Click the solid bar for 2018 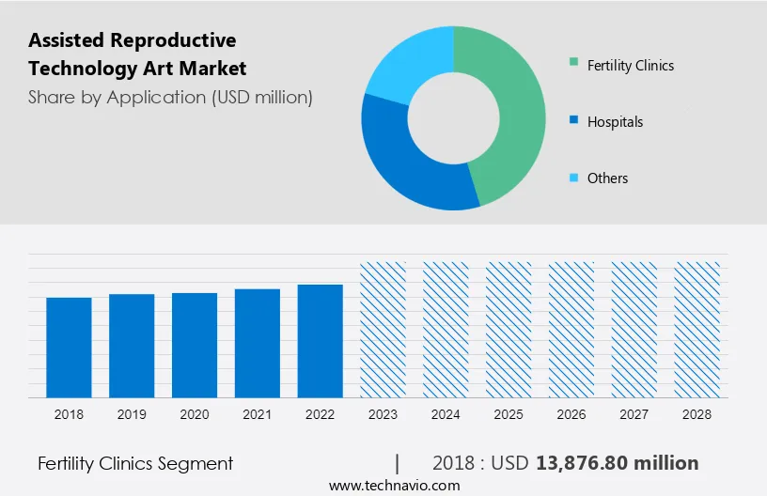69,347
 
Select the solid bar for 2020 195,345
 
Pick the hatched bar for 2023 383,329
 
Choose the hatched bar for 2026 572,329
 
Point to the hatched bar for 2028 697,329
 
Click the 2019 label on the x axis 132,413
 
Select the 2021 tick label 258,413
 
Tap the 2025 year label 509,413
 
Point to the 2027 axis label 634,413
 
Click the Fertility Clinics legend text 631,66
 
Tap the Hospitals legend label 615,122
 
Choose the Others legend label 607,178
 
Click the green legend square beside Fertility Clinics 573,64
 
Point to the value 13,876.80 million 617,463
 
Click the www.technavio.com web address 394,486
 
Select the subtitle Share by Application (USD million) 170,97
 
